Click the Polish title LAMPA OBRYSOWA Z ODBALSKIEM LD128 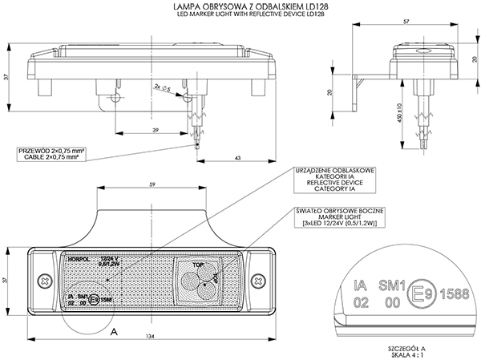point(240,6)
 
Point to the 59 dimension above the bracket point(152,185)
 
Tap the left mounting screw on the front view point(42,281)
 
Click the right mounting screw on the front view point(258,281)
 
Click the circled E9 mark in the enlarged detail point(420,291)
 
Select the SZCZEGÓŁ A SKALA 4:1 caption point(405,350)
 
